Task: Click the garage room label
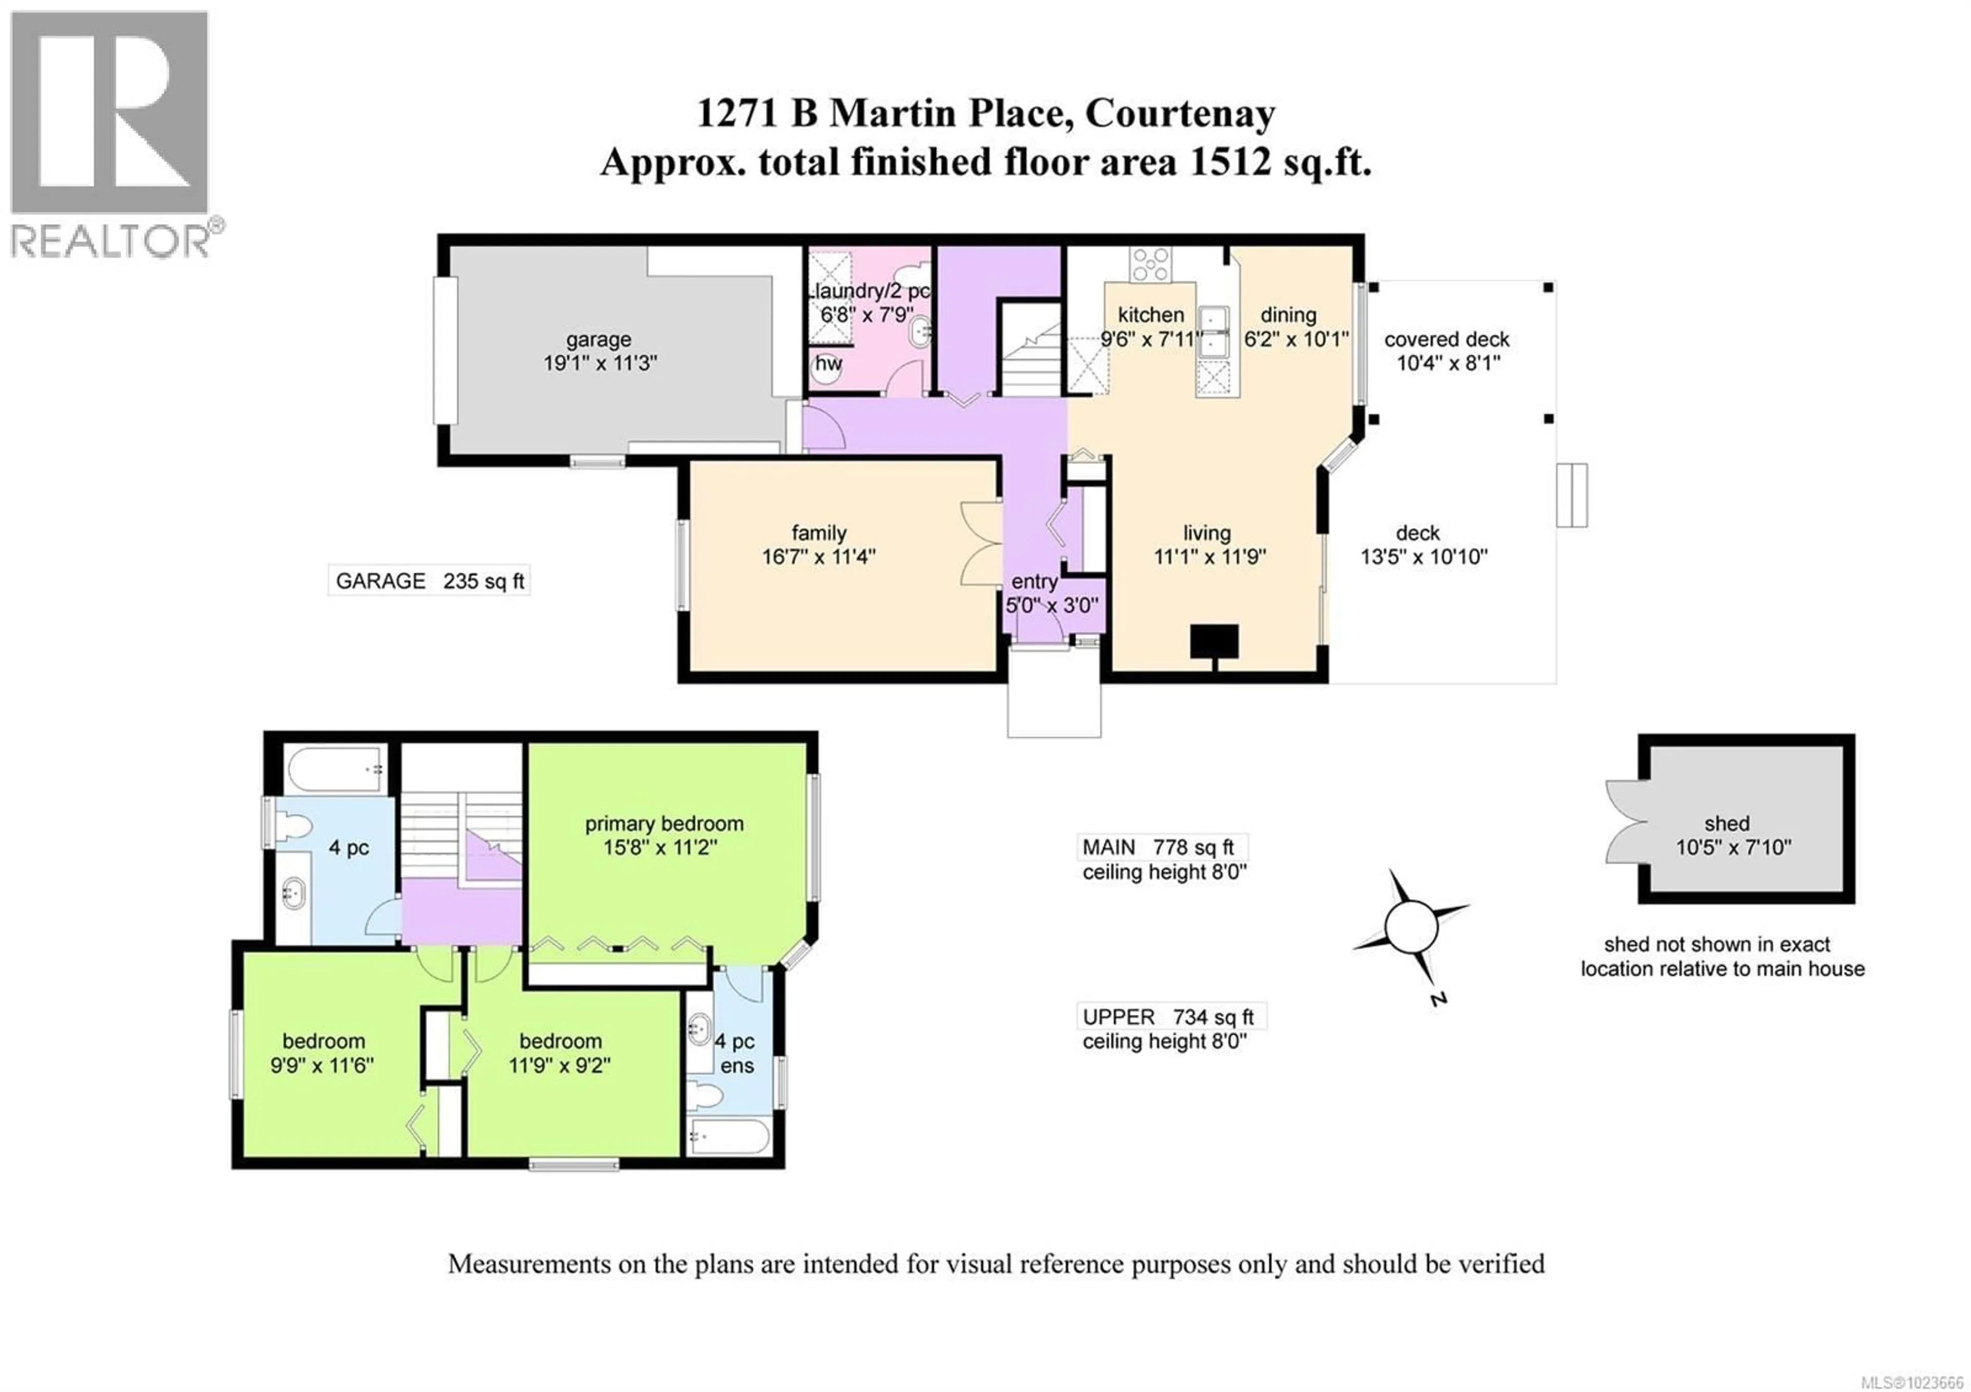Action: click(598, 340)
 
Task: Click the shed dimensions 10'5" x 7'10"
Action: click(1733, 848)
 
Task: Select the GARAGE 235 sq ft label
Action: click(429, 581)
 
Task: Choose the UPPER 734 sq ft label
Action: click(1168, 1017)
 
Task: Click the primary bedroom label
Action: click(664, 824)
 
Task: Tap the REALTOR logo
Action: click(110, 133)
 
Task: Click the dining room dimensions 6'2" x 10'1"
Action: click(1296, 339)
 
